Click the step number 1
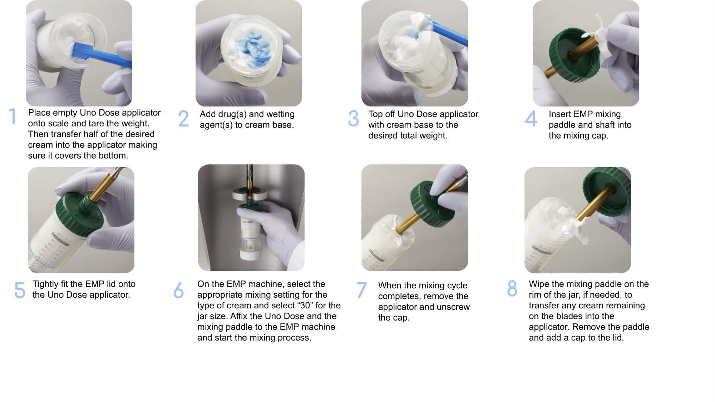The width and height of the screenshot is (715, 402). (x=13, y=116)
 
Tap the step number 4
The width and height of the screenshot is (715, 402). (x=531, y=118)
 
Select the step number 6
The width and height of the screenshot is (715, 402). (x=178, y=290)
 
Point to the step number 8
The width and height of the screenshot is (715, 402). (x=512, y=288)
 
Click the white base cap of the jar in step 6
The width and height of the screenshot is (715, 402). (x=250, y=254)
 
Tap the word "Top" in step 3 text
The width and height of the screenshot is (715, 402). (x=375, y=114)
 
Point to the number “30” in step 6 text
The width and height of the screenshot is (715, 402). (x=305, y=306)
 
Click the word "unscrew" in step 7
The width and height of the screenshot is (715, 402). (x=453, y=307)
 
